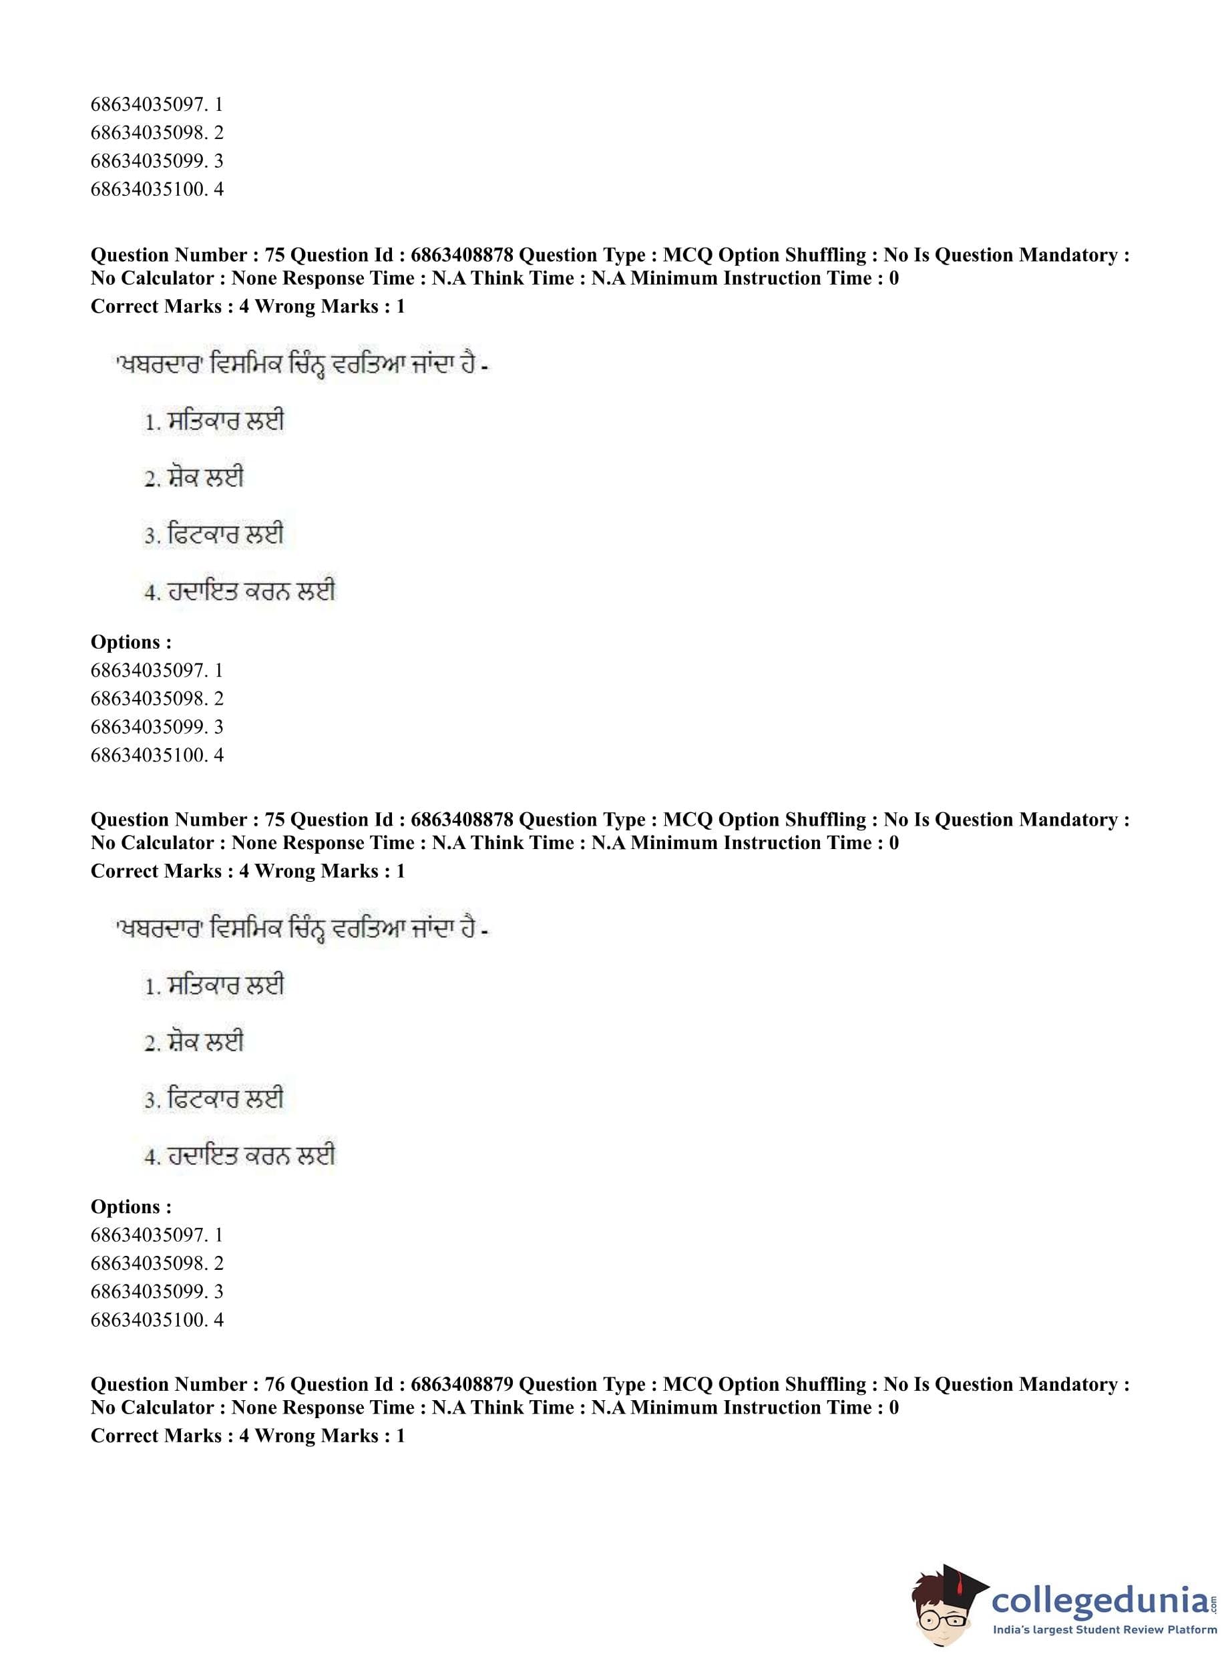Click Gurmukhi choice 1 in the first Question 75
[214, 422]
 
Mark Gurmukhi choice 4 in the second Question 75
[240, 1156]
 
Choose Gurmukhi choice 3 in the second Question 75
[214, 1100]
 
